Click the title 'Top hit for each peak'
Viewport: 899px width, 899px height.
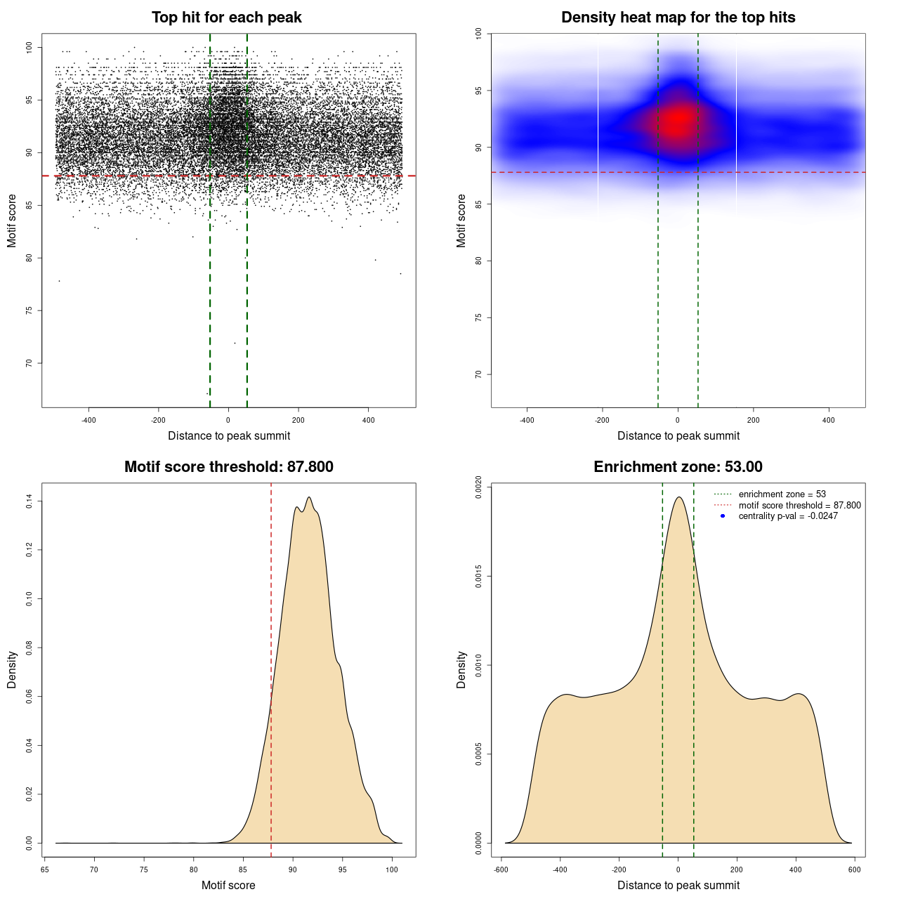pyautogui.click(x=226, y=18)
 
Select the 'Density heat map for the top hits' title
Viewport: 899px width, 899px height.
pyautogui.click(x=678, y=18)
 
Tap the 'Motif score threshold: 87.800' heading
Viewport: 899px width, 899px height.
pyautogui.click(x=228, y=467)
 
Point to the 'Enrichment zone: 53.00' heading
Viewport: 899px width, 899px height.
pyautogui.click(x=678, y=467)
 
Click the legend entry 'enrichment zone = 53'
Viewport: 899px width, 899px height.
pyautogui.click(x=782, y=494)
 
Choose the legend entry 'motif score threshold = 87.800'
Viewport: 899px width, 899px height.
pyautogui.click(x=799, y=505)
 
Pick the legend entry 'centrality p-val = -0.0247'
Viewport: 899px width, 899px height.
pyautogui.click(x=788, y=516)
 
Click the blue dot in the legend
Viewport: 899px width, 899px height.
pyautogui.click(x=722, y=516)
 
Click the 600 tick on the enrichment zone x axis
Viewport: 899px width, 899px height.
pyautogui.click(x=854, y=870)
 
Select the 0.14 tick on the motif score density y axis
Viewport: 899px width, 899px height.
pyautogui.click(x=29, y=501)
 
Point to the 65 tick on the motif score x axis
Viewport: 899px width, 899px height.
pyautogui.click(x=45, y=870)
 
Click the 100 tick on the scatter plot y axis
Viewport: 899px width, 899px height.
pyautogui.click(x=29, y=47)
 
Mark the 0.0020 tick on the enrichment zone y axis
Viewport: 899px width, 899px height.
pyautogui.click(x=478, y=487)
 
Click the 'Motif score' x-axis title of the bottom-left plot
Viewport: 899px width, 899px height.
pyautogui.click(x=228, y=885)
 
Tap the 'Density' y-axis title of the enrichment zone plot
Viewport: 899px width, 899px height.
pyautogui.click(x=461, y=669)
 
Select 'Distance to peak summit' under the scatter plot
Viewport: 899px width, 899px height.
pyautogui.click(x=229, y=435)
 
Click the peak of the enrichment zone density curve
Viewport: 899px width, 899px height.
pyautogui.click(x=678, y=497)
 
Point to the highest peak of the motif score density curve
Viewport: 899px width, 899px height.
pyautogui.click(x=309, y=497)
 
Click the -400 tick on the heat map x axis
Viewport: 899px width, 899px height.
pyautogui.click(x=527, y=420)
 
